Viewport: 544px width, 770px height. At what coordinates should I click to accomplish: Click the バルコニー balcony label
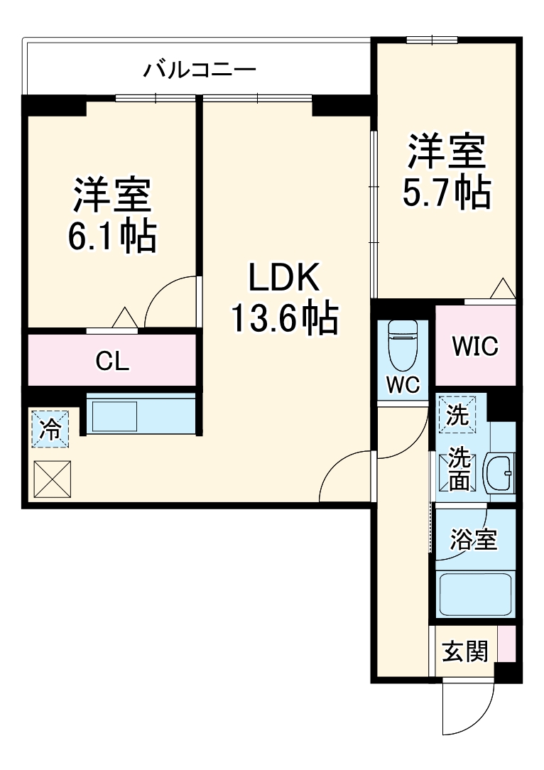(200, 70)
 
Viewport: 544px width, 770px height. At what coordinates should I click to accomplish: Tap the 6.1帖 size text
(112, 237)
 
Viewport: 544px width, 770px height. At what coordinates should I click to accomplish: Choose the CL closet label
(112, 362)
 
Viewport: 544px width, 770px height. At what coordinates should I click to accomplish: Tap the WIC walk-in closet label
(475, 347)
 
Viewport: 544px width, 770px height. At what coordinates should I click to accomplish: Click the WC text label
(403, 384)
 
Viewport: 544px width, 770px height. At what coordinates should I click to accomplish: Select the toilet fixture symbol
(403, 344)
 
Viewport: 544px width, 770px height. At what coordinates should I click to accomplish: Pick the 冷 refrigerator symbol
(50, 429)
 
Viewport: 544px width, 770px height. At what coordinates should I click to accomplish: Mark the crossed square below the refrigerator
(52, 479)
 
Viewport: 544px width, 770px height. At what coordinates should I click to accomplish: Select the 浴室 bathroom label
(474, 540)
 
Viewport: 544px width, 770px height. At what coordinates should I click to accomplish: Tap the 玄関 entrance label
(465, 651)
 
